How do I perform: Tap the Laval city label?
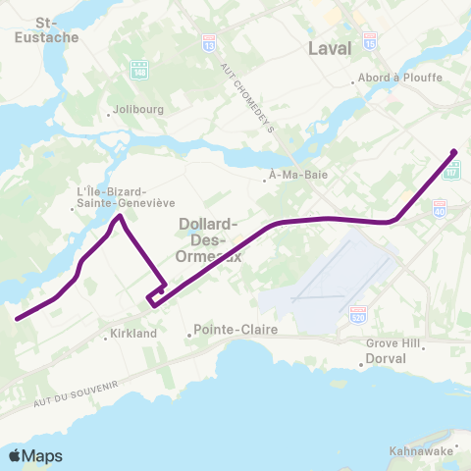point(330,49)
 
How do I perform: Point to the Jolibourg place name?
point(135,109)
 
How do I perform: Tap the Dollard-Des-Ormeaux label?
point(211,239)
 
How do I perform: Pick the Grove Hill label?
point(392,344)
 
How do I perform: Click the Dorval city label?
point(385,359)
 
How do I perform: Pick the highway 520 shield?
point(359,311)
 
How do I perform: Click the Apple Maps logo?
point(35,455)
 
